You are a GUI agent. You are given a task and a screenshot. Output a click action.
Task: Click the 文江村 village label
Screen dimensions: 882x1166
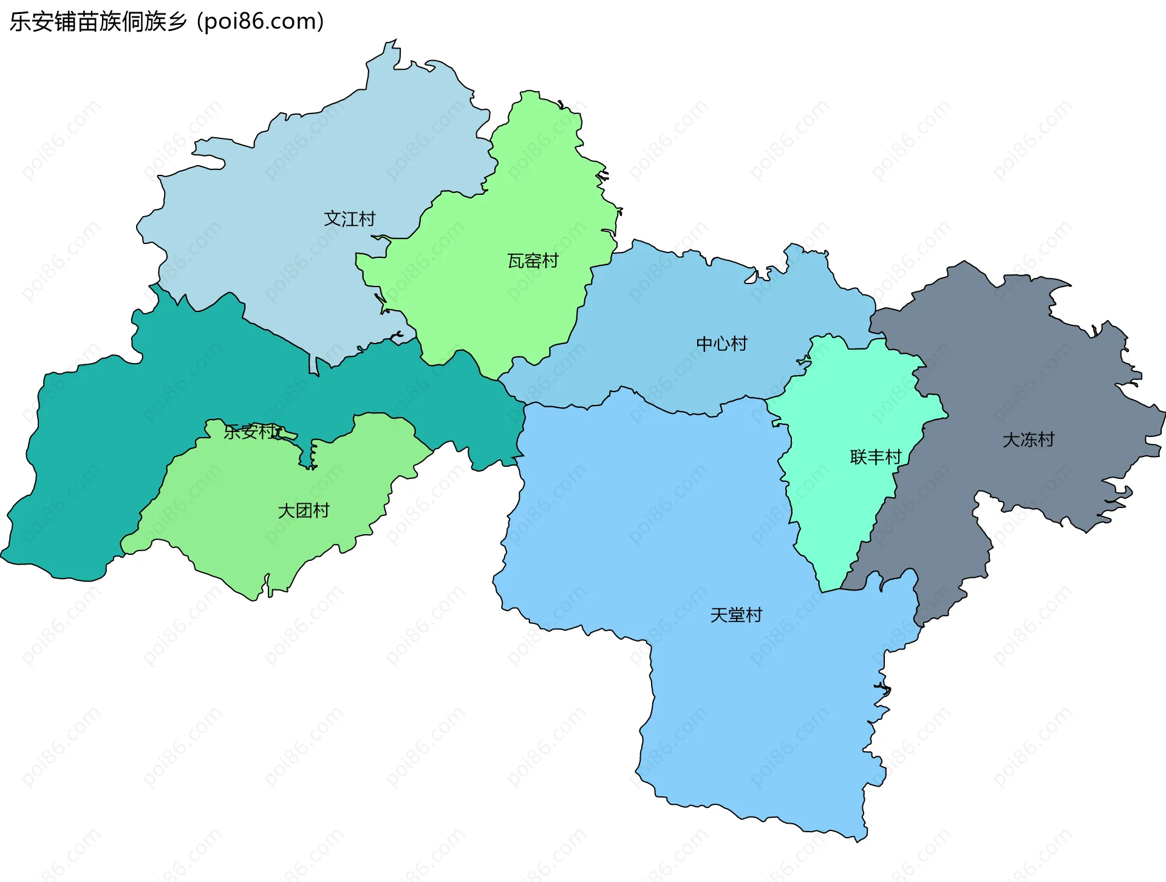350,219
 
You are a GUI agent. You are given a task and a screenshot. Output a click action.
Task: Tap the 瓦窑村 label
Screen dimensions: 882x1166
533,261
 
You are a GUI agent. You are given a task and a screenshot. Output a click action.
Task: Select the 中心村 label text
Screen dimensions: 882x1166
721,344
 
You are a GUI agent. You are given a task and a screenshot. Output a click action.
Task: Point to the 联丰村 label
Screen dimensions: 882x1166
876,457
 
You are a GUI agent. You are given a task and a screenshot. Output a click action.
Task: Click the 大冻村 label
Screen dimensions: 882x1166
1028,439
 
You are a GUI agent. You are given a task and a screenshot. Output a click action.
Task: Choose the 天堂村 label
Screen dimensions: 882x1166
736,615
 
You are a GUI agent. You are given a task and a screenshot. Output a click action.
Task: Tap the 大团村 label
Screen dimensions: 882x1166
304,511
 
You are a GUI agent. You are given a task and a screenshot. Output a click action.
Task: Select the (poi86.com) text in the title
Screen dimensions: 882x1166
261,22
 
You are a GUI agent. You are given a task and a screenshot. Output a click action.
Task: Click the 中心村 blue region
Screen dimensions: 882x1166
668,304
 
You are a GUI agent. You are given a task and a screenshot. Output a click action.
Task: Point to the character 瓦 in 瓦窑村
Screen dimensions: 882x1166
516,261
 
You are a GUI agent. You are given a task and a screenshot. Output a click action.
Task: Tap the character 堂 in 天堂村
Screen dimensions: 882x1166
736,615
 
